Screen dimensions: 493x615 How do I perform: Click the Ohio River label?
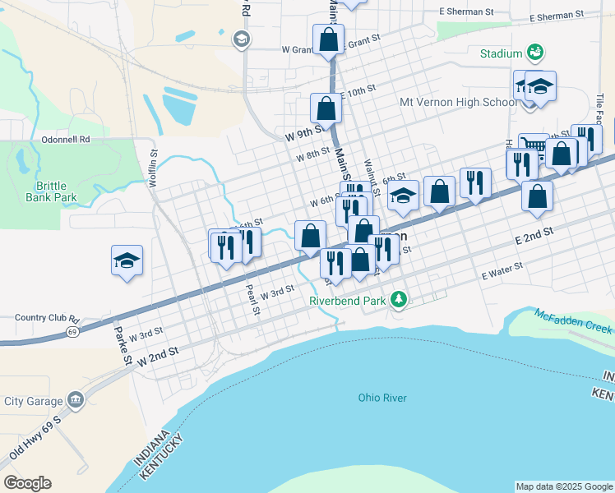[x=382, y=398]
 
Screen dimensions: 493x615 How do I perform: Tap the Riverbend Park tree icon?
[x=399, y=301]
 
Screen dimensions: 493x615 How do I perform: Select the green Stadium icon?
[x=535, y=53]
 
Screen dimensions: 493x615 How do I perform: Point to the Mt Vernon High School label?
[x=458, y=103]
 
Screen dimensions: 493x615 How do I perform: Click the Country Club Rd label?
[x=48, y=318]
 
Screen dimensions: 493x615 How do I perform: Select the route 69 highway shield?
[x=72, y=332]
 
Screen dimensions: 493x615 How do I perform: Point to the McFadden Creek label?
[x=573, y=320]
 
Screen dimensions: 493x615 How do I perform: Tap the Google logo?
[x=27, y=482]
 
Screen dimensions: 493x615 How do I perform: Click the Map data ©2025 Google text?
[x=564, y=486]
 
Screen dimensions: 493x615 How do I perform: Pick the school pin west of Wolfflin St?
[x=127, y=261]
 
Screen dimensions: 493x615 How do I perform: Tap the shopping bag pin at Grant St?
[x=328, y=39]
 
